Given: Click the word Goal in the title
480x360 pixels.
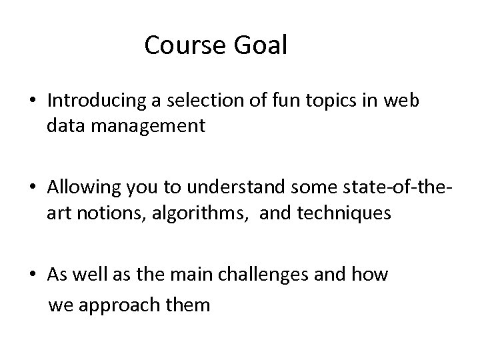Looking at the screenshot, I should point(264,46).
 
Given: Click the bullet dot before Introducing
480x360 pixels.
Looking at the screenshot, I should point(33,101).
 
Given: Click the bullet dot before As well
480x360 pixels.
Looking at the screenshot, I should point(33,275).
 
